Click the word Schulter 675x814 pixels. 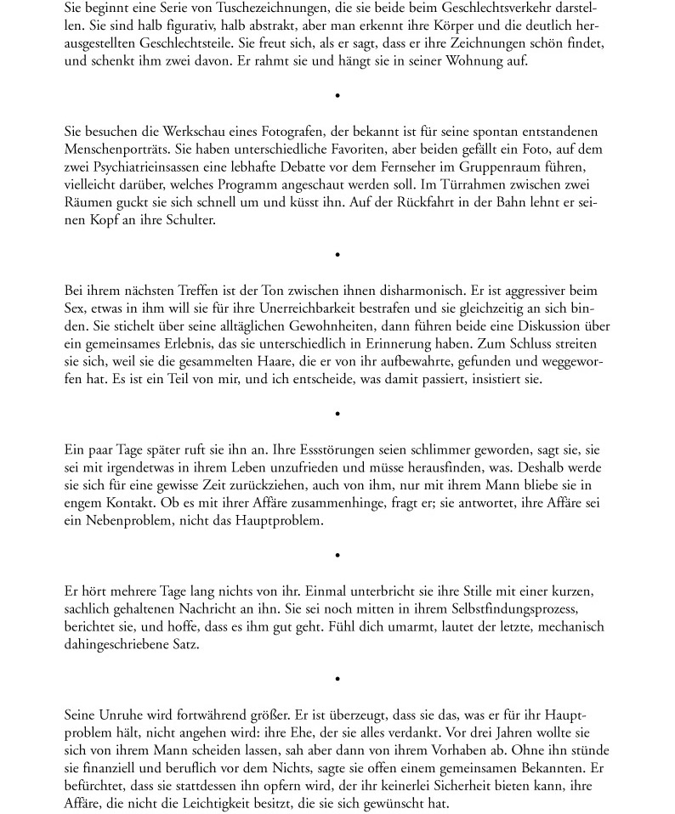[x=193, y=220]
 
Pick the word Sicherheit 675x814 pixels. [x=446, y=786]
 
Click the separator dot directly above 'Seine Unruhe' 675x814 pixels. [x=337, y=679]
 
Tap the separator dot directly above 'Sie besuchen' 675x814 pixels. [x=337, y=95]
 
